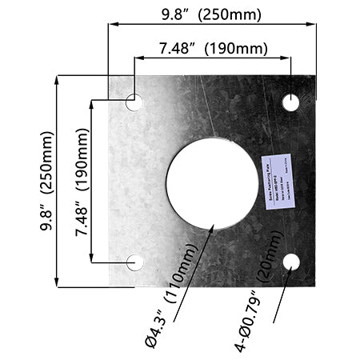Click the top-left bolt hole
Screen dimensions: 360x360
pyautogui.click(x=134, y=102)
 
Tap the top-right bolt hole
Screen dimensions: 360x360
pyautogui.click(x=290, y=102)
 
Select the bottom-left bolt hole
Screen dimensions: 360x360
pyautogui.click(x=135, y=262)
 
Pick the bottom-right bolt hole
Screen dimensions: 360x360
pyautogui.click(x=290, y=262)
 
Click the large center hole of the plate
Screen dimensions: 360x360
pyautogui.click(x=212, y=182)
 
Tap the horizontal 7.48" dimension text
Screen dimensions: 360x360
pyautogui.click(x=178, y=49)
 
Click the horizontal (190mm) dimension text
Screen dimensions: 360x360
pyautogui.click(x=236, y=49)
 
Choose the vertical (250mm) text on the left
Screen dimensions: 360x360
pyautogui.click(x=46, y=162)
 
